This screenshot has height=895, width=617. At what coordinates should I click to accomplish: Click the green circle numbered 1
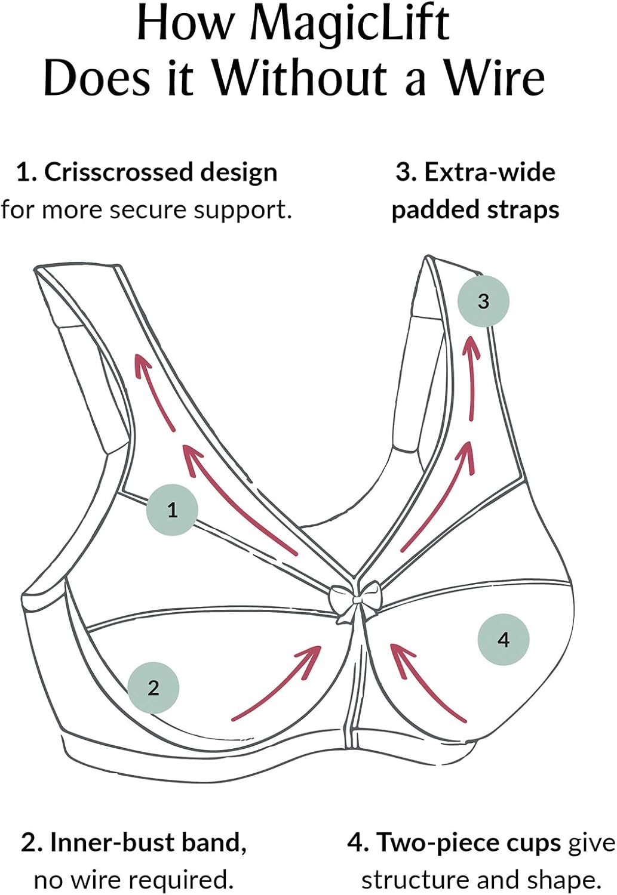(172, 510)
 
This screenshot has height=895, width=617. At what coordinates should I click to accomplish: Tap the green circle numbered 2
(154, 687)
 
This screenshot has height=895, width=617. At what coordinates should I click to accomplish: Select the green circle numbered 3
(483, 301)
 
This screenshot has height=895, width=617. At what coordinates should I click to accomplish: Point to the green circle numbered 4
(503, 639)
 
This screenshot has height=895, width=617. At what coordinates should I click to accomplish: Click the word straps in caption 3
(526, 210)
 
